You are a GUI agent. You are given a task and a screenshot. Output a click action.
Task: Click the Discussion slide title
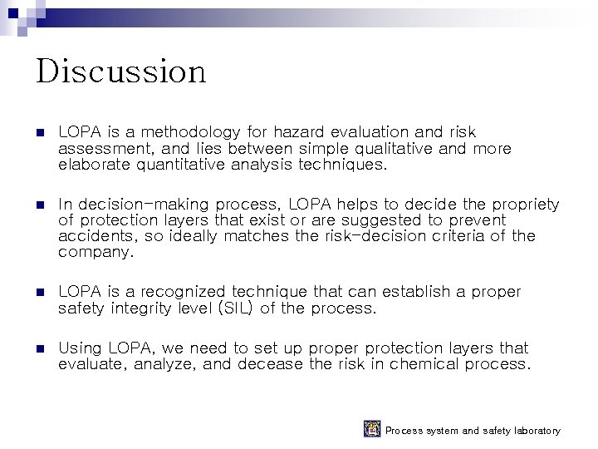pyautogui.click(x=120, y=72)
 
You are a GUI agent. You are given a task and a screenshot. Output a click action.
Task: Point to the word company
pyautogui.click(x=94, y=253)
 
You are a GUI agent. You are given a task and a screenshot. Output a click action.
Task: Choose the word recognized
pyautogui.click(x=183, y=292)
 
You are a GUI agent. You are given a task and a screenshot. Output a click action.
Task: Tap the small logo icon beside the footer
pyautogui.click(x=372, y=429)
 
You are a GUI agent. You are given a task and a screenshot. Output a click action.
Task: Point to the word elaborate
pyautogui.click(x=92, y=165)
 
